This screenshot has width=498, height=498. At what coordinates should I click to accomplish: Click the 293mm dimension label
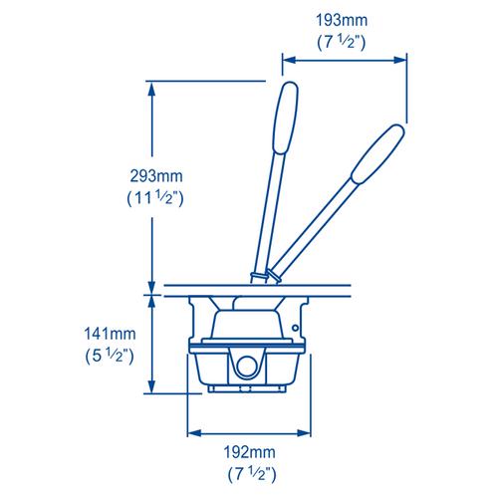(x=149, y=176)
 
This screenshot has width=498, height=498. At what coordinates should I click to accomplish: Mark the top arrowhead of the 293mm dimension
(x=151, y=88)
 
